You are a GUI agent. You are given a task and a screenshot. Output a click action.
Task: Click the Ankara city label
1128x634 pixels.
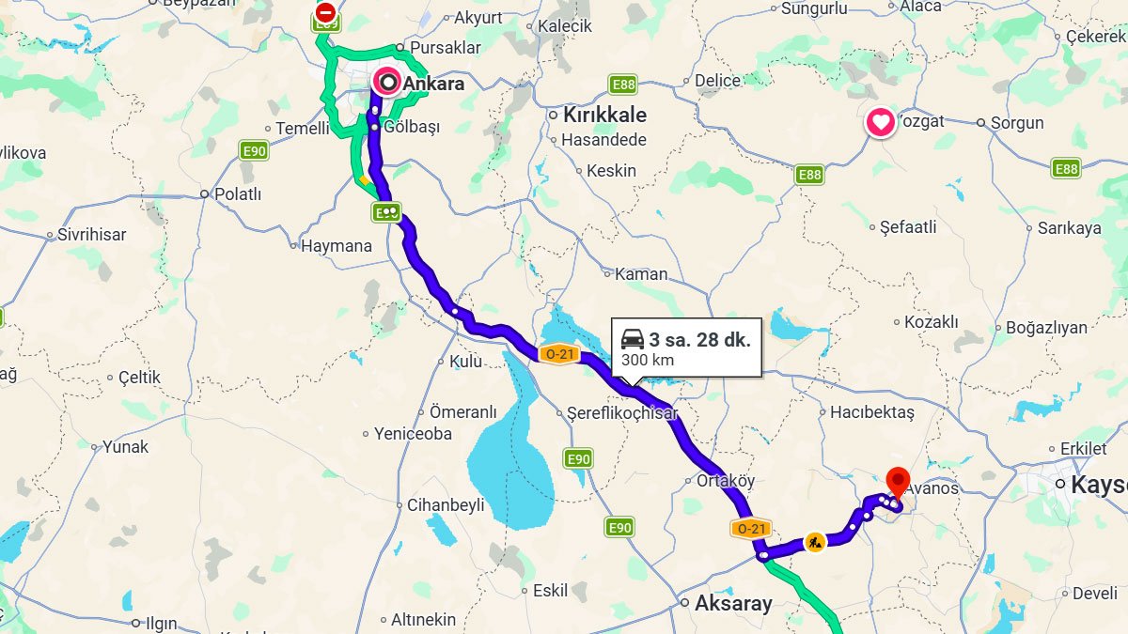433,84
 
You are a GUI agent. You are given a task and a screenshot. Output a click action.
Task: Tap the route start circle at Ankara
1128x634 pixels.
387,83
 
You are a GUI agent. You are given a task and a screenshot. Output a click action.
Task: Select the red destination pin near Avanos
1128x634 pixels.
898,482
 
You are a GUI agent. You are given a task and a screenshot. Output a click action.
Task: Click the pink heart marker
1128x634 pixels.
881,122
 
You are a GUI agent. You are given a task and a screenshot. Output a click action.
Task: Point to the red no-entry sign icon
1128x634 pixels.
325,12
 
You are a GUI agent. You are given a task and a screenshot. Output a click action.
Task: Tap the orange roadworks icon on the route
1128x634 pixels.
815,542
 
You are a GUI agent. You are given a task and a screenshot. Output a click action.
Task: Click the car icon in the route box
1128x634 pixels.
633,339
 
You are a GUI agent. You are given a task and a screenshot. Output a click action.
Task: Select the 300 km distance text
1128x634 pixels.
647,360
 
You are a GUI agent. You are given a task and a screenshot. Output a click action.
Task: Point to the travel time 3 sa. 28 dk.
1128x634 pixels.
699,340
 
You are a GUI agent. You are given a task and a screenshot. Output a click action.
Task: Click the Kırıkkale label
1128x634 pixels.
604,116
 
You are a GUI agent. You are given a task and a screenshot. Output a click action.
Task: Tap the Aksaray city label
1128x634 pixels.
733,604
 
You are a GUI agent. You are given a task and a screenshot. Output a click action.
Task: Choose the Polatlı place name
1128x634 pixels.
238,194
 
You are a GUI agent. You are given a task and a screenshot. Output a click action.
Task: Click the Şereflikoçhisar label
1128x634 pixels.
622,413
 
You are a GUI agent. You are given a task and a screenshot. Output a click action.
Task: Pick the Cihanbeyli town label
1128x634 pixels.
446,505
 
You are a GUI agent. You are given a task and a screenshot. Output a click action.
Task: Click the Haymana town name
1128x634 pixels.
336,246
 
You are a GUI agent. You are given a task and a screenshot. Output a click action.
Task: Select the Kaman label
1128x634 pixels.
641,274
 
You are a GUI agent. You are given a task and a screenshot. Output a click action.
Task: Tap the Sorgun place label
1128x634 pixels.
1016,123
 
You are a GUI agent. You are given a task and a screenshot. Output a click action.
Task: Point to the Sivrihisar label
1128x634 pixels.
92,235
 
